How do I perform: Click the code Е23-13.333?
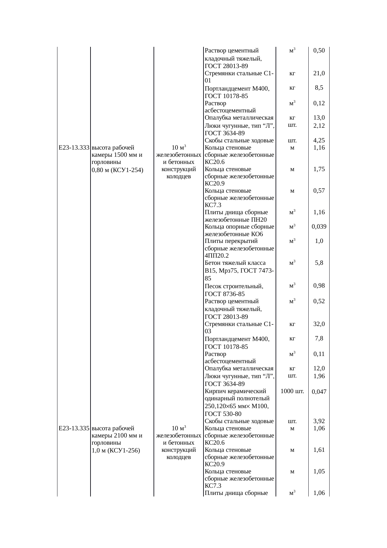[74, 148]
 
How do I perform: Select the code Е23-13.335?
[74, 428]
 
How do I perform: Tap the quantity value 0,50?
[319, 51]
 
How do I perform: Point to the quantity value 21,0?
[319, 73]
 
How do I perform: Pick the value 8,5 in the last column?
[319, 88]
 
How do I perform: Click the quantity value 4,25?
[319, 141]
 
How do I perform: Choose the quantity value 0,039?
[319, 227]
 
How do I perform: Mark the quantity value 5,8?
[319, 263]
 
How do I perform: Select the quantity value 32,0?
[319, 324]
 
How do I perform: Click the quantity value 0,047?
[319, 392]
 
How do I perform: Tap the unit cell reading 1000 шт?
[292, 391]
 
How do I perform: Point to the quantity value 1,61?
[319, 450]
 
